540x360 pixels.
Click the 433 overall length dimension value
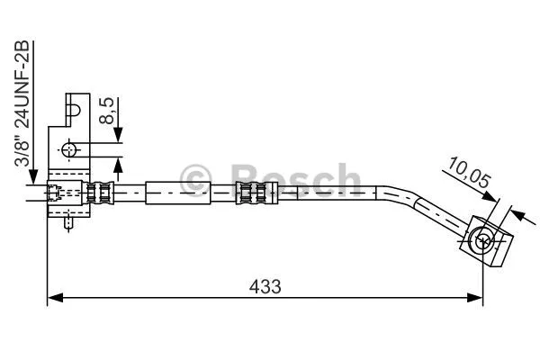click(265, 286)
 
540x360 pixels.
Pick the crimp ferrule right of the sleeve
click(253, 191)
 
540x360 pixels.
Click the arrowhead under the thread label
click(31, 178)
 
